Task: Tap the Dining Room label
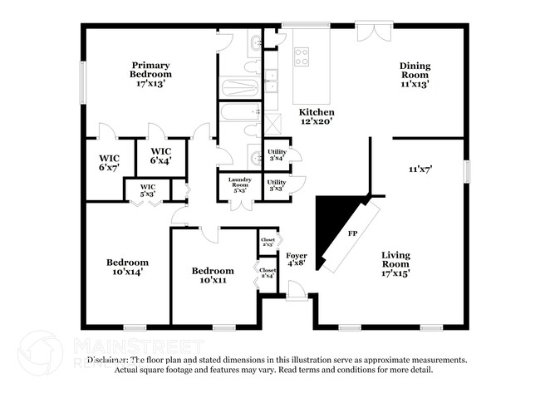pos(415,75)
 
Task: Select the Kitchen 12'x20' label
pos(317,117)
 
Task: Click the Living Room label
pos(395,263)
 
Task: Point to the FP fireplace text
pos(351,234)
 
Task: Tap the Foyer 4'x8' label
pos(297,260)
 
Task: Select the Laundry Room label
pos(239,185)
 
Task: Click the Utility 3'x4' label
pos(277,155)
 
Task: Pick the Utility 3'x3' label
pos(277,185)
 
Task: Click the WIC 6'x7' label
pos(110,162)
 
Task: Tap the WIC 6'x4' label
pos(161,156)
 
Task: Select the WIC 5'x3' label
pos(148,190)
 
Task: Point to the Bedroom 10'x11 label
pos(213,276)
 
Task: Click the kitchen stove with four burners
pos(302,56)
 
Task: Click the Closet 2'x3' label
pos(268,242)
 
